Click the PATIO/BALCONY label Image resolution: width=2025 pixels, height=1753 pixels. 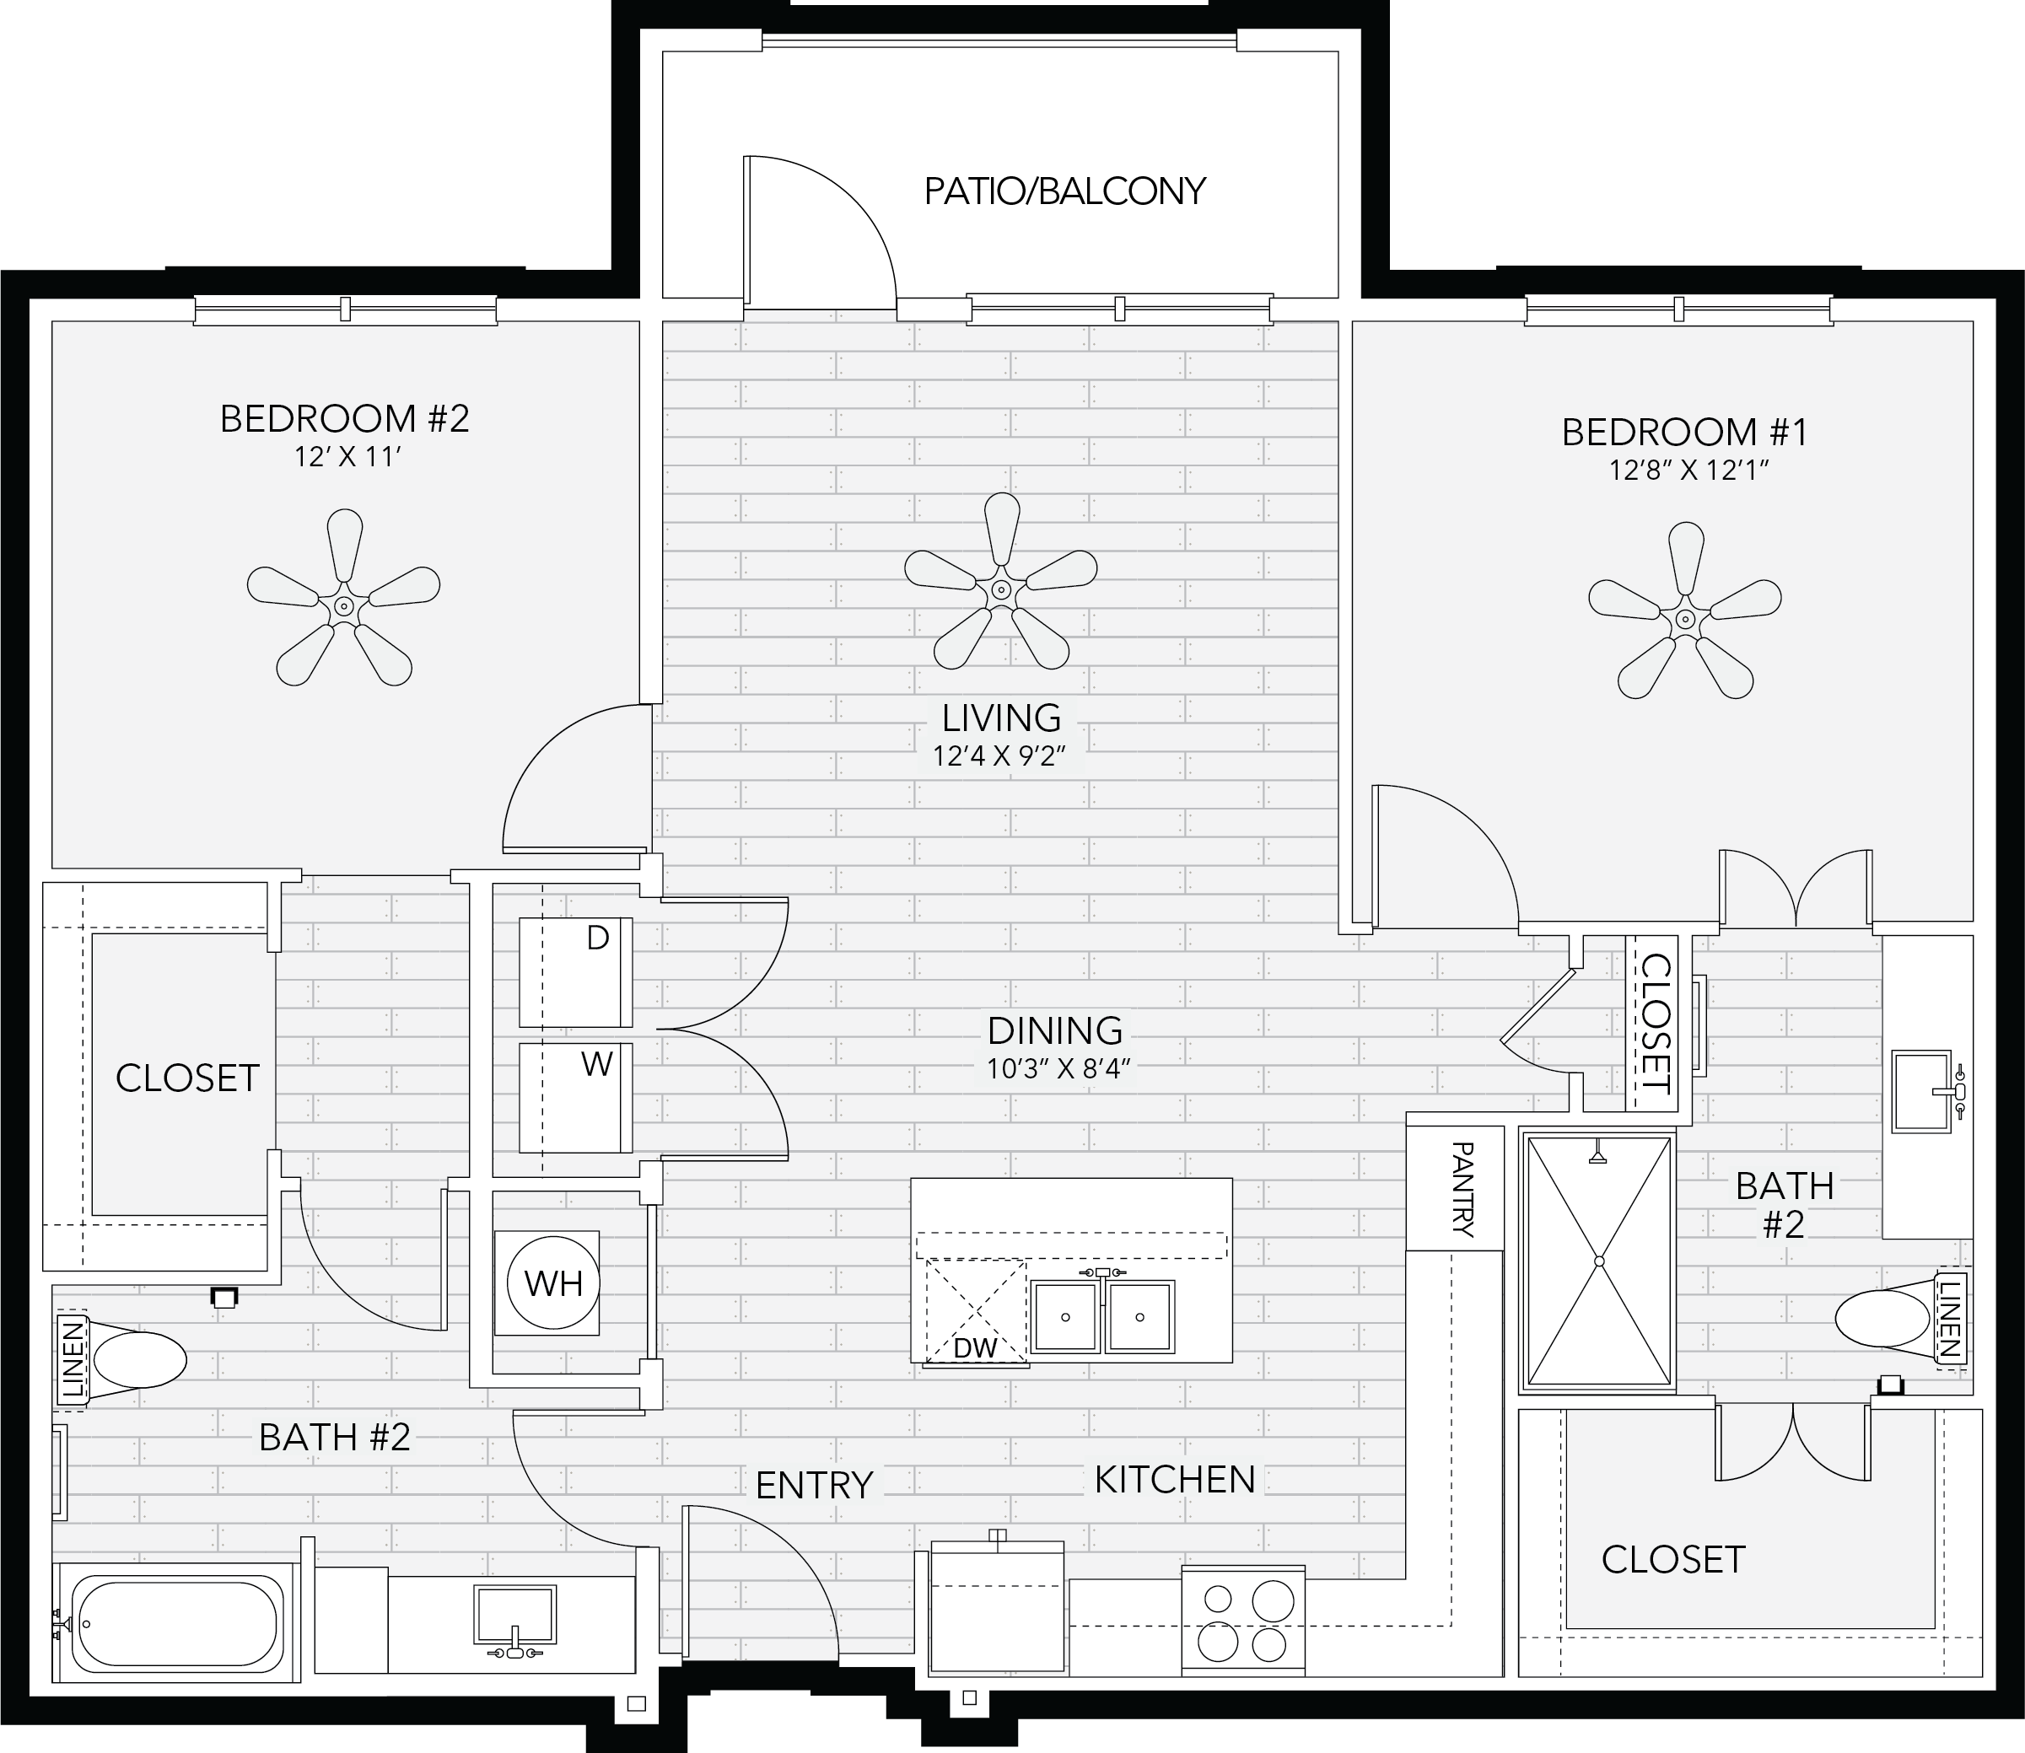pos(1064,191)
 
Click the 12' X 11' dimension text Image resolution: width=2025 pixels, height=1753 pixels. pos(348,457)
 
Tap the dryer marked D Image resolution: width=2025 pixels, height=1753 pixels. pos(575,972)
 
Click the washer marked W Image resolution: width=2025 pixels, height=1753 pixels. pos(575,1098)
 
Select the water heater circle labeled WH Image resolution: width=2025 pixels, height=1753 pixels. pos(552,1282)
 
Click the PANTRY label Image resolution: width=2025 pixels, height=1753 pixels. pos(1462,1189)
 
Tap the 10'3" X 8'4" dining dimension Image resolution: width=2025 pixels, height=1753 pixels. pos(1058,1069)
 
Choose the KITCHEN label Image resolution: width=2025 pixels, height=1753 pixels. pos(1175,1480)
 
